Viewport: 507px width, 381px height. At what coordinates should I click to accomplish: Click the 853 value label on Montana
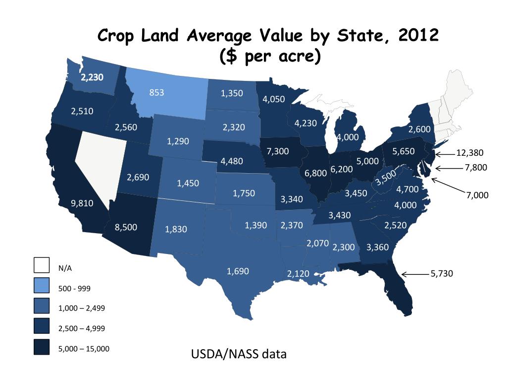tap(156, 92)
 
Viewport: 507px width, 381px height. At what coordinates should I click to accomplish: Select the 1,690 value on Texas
tap(238, 271)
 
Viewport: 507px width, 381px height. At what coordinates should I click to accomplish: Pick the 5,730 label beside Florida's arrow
tap(442, 274)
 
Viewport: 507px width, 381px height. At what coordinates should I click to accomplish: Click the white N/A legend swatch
tap(42, 265)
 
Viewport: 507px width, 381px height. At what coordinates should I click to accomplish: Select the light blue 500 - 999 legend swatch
tap(42, 286)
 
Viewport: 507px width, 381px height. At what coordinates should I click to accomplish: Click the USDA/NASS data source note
tap(239, 355)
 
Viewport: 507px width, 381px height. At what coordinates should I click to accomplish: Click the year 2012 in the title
tap(416, 36)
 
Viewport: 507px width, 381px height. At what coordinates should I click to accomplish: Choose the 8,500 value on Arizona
tap(126, 227)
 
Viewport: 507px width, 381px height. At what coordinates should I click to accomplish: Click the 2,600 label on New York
tap(419, 129)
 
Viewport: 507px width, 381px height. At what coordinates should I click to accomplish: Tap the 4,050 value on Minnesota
tap(274, 99)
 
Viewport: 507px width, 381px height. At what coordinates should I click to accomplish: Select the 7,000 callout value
tap(477, 195)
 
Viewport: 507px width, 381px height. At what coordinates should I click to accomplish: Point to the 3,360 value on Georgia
tap(378, 247)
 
